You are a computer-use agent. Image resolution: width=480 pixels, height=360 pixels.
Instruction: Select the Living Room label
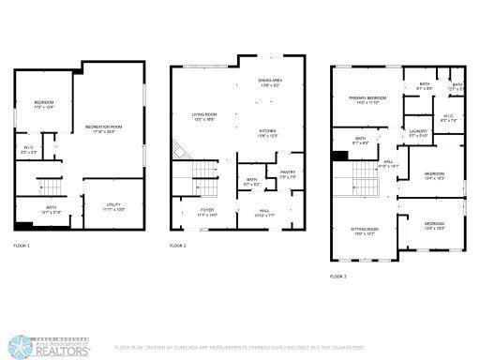tap(191, 115)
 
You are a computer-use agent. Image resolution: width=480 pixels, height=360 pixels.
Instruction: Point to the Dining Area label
tap(272, 82)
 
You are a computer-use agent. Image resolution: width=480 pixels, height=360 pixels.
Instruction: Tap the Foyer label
tap(207, 211)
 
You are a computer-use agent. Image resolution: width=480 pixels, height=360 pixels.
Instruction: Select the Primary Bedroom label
tap(368, 98)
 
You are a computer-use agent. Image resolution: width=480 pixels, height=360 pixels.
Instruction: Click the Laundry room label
tap(418, 132)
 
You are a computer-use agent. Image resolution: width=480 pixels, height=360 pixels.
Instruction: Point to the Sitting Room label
tap(366, 231)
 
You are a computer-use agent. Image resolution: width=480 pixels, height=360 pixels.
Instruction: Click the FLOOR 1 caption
tap(22, 246)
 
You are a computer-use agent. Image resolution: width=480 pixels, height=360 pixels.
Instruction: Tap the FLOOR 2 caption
tap(178, 246)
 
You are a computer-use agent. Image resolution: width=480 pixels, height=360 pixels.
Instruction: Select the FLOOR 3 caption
tap(338, 277)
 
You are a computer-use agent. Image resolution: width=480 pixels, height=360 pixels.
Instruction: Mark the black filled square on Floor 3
tap(339, 156)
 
